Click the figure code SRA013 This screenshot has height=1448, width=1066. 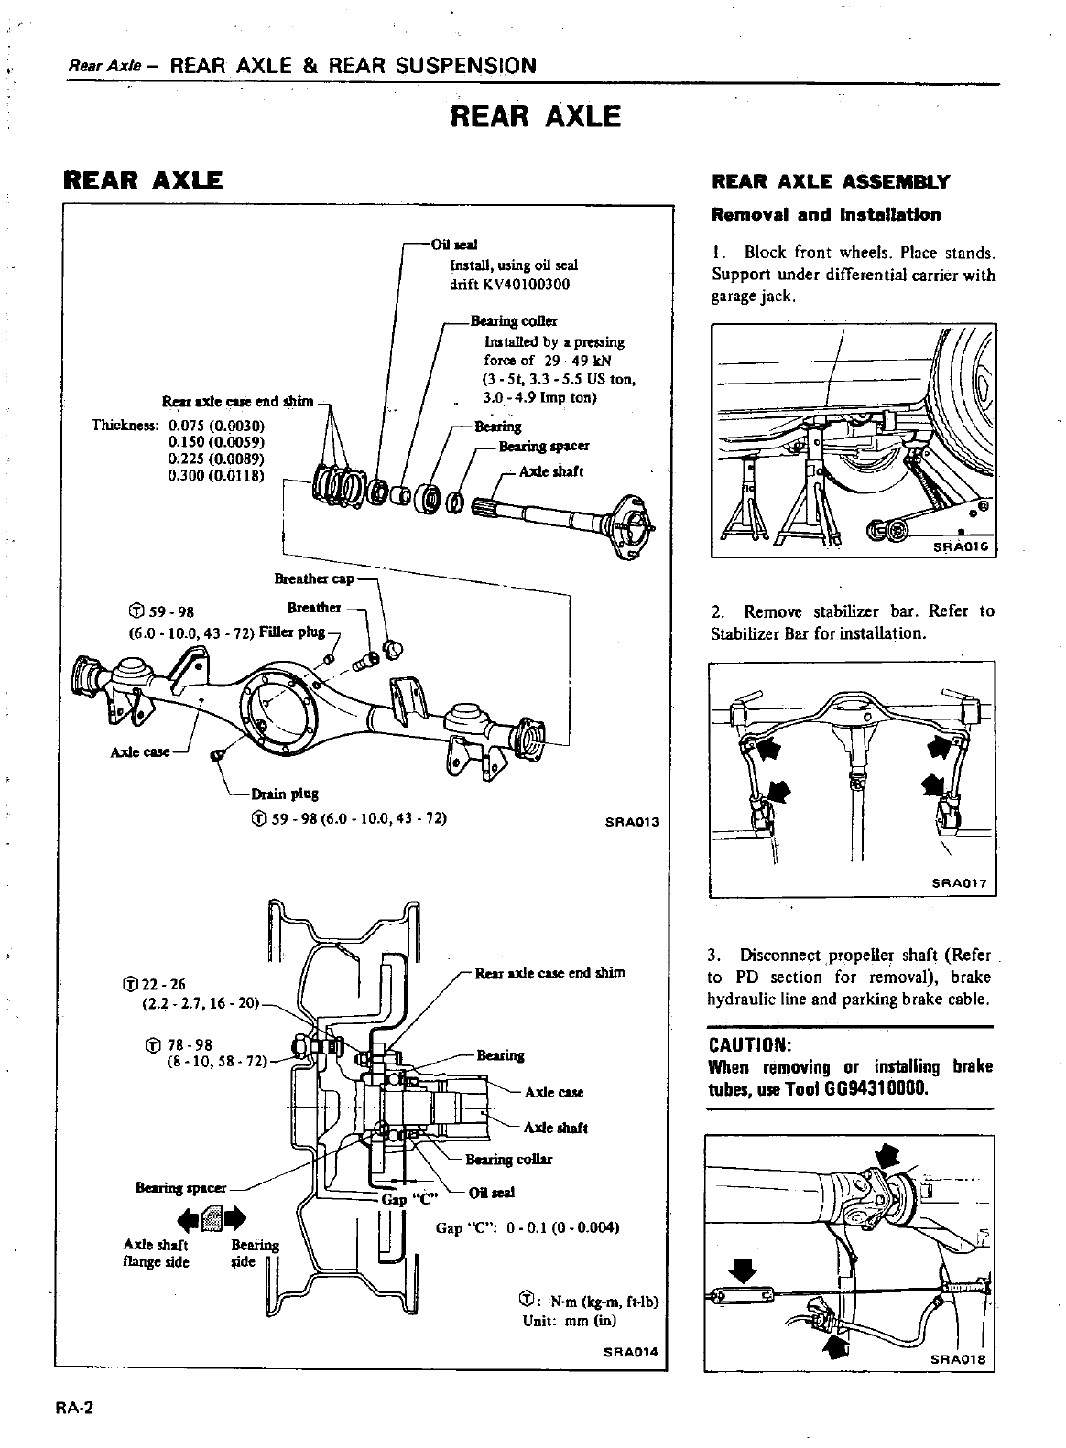[x=633, y=821]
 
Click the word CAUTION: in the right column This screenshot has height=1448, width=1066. [x=749, y=1045]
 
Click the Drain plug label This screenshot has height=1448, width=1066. [x=287, y=794]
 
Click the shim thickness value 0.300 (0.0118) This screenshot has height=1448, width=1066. [x=216, y=475]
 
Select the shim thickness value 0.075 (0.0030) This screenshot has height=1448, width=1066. [x=216, y=426]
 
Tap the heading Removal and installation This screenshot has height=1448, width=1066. [x=825, y=215]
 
